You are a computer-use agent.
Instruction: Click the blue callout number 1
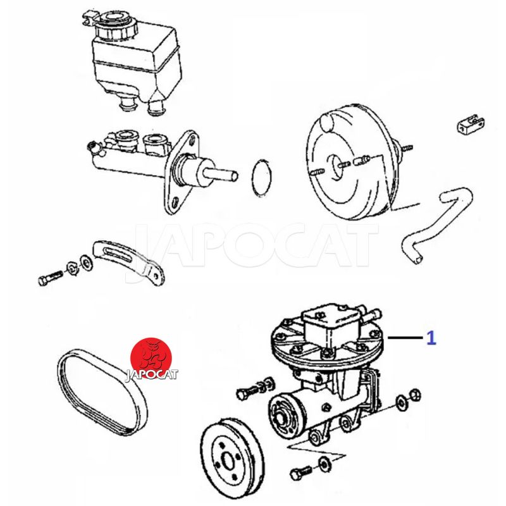(x=431, y=338)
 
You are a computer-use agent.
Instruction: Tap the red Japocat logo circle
(x=151, y=358)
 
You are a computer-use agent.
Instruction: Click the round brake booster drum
(x=352, y=161)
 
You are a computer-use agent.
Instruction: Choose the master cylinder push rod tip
(x=235, y=176)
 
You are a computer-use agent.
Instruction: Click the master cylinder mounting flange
(x=182, y=173)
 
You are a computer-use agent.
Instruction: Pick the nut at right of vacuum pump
(x=415, y=395)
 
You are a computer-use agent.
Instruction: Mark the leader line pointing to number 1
(x=405, y=338)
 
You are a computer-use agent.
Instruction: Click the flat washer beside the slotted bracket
(x=86, y=262)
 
